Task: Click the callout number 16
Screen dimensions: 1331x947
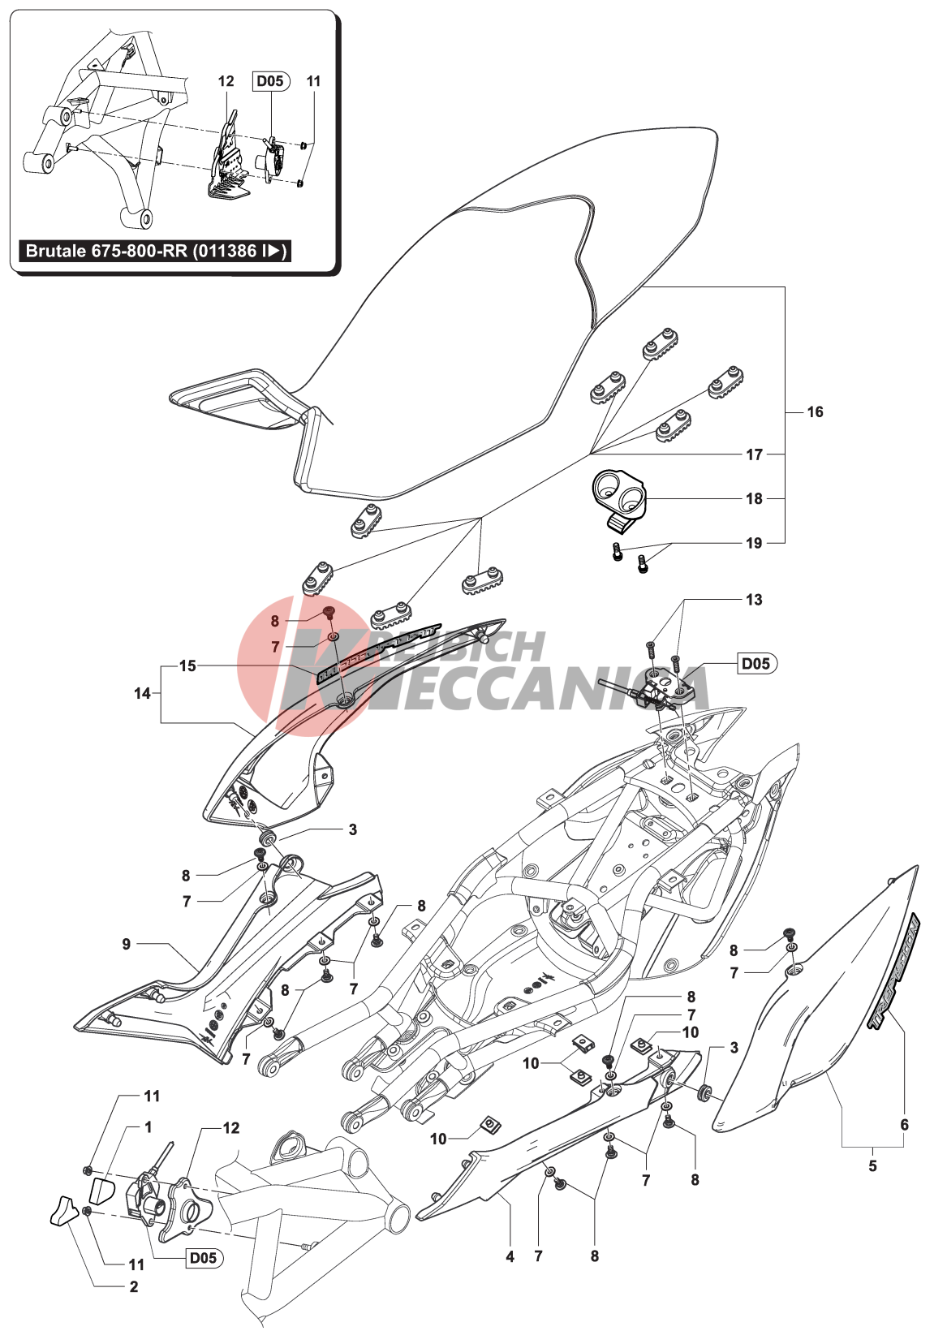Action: point(815,412)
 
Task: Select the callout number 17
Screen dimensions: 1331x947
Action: point(755,454)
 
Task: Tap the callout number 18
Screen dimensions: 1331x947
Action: point(755,498)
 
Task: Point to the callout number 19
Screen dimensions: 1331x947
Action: point(755,543)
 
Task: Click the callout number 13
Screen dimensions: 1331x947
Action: point(754,600)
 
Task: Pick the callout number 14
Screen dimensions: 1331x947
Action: point(142,693)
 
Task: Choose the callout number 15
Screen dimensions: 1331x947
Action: point(187,665)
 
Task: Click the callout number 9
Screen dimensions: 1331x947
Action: point(127,944)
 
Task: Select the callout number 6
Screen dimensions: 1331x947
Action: point(904,1125)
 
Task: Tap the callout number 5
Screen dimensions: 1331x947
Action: point(872,1165)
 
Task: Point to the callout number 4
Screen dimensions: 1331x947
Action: point(510,1256)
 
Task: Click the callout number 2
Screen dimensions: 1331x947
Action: point(134,1286)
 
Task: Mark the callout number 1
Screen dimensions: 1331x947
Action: point(149,1127)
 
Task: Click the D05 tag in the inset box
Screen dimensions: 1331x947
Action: point(270,80)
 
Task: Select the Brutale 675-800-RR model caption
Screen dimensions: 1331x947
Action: point(155,251)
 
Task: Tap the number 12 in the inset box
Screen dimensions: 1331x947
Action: point(226,81)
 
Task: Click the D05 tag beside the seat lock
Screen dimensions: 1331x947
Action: point(756,663)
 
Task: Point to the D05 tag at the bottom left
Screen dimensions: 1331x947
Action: point(203,1257)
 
